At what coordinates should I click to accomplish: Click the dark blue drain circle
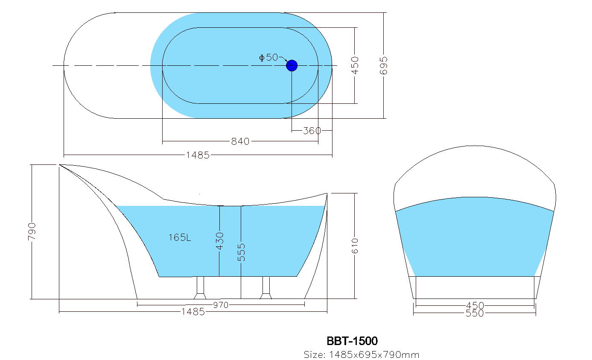tap(292, 66)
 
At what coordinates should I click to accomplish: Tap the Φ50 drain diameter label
tap(268, 58)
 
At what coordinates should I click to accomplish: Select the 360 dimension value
tap(312, 131)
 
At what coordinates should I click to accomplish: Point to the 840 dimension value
tap(240, 141)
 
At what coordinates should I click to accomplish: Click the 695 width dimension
tap(384, 65)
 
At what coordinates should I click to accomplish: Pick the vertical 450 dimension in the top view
tap(355, 65)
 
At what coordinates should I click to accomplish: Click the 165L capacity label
tap(180, 237)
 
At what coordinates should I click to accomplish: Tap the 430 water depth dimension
tap(219, 241)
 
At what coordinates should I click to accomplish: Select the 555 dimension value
tap(242, 252)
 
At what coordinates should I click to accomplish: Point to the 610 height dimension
tap(355, 246)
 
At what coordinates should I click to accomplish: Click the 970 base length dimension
tap(221, 304)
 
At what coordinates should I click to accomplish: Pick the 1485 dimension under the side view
tap(193, 312)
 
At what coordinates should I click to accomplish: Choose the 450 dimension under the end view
tap(475, 306)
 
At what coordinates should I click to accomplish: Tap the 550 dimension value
tap(475, 313)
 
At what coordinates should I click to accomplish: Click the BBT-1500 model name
tap(352, 341)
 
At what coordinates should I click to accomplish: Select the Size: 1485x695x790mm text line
tap(361, 355)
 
